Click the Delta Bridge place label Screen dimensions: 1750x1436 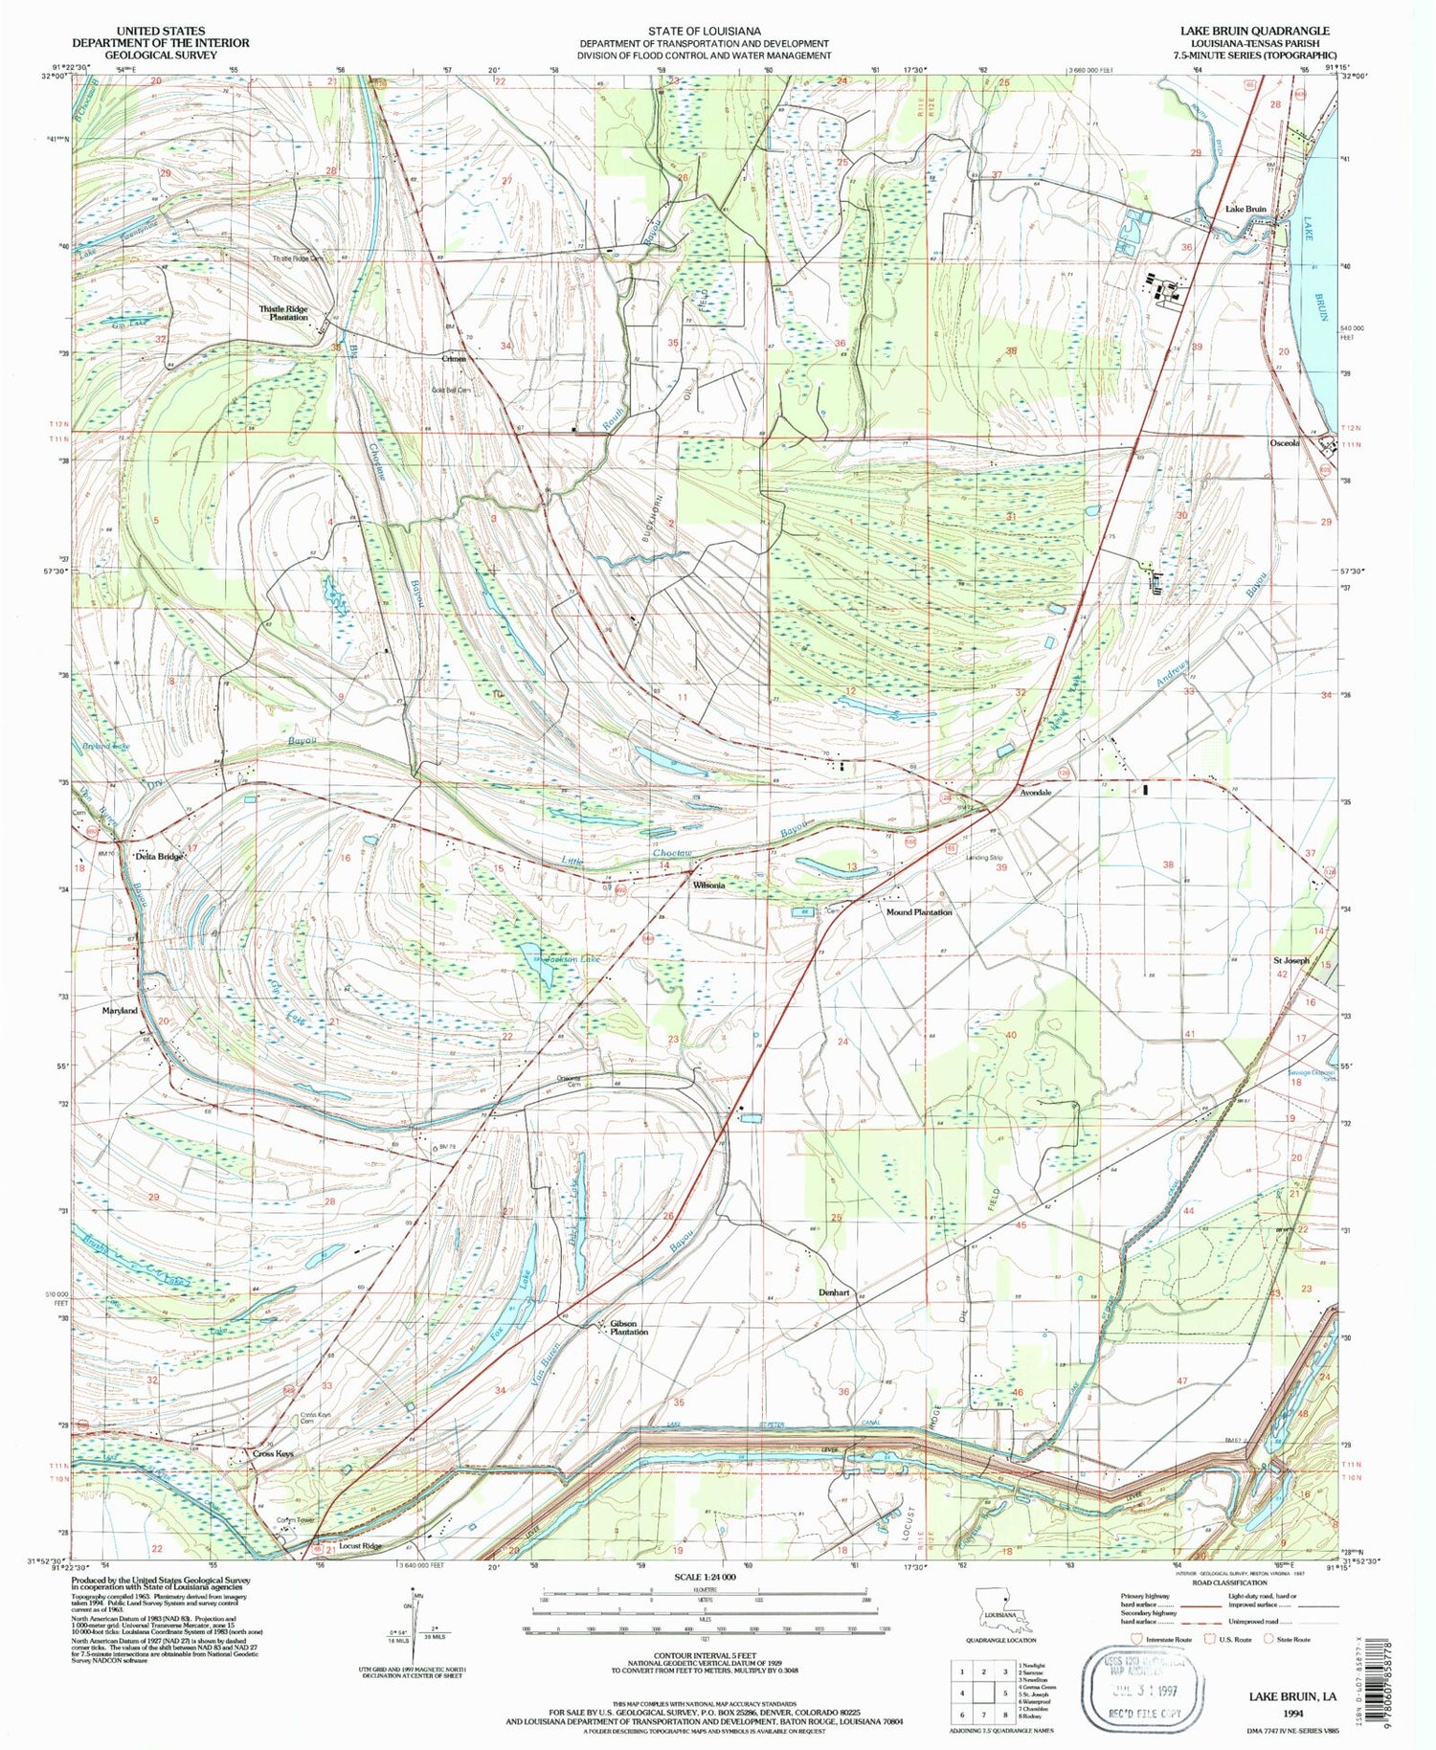(x=158, y=857)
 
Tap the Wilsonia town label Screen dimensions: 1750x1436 (x=708, y=886)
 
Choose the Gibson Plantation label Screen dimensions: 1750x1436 (x=629, y=1328)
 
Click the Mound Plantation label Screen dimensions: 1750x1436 (x=918, y=912)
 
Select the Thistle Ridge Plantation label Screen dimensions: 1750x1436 (x=283, y=313)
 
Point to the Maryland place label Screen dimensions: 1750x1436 (x=121, y=1011)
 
